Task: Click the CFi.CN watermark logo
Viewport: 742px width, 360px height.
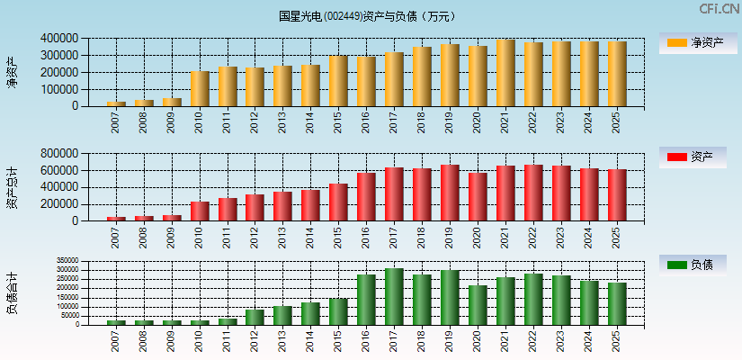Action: tap(720, 9)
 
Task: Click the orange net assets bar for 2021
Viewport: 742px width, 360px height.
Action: tap(505, 73)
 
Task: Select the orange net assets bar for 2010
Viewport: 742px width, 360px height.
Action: tap(200, 88)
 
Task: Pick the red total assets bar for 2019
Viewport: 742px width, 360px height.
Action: tap(450, 193)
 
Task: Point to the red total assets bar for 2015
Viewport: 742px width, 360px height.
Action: tap(338, 202)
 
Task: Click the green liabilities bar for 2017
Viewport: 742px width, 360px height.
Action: tap(394, 296)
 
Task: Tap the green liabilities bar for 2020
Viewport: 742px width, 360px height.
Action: tap(478, 305)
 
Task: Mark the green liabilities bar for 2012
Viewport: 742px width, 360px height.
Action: tap(255, 317)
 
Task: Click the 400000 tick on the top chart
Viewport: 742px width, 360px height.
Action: tap(58, 39)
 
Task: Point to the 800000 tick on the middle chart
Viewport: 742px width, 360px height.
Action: tap(58, 154)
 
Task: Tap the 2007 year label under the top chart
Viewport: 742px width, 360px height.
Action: tap(116, 123)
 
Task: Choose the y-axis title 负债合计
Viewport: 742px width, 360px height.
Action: tap(12, 293)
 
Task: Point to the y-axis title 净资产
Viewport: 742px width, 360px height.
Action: tap(12, 72)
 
